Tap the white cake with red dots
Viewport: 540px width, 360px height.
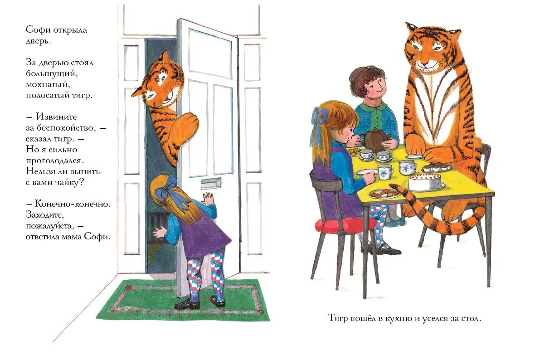click(425, 181)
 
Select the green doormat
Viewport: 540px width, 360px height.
click(183, 300)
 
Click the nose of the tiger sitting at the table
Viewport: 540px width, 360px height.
click(427, 63)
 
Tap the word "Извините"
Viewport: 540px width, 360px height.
click(56, 117)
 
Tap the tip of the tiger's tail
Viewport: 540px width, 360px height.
click(391, 186)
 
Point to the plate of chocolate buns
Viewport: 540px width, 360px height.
click(436, 168)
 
